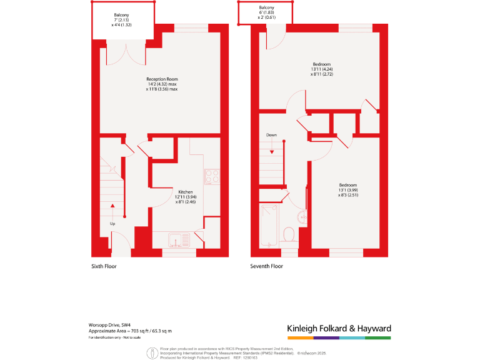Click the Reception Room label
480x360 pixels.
coord(162,79)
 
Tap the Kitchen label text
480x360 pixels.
coord(186,192)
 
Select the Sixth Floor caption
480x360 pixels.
coord(104,266)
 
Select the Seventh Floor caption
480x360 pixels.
coord(267,266)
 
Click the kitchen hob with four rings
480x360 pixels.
coord(211,176)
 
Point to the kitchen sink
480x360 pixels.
coord(179,239)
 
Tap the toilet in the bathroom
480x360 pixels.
coord(289,235)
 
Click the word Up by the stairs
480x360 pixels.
coord(112,223)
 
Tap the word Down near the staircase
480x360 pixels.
coord(271,135)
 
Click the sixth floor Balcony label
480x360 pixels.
coord(121,14)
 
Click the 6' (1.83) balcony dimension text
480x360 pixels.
coord(267,12)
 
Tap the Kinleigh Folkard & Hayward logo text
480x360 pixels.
coord(339,328)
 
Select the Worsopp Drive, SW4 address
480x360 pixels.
coord(110,325)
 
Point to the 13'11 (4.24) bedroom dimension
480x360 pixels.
coord(322,69)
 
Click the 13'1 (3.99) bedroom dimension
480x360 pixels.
coord(348,190)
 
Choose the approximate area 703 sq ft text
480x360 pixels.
coord(129,331)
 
